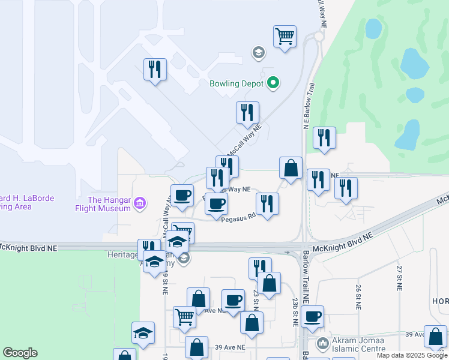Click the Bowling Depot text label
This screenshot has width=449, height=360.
237,83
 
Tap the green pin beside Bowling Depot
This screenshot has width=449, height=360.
273,82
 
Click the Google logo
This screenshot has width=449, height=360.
20,353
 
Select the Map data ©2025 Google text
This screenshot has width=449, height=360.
412,355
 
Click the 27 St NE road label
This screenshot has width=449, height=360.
399,275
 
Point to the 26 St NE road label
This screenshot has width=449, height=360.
358,296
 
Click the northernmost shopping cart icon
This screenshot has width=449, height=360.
285,35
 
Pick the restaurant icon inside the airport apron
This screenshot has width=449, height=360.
155,69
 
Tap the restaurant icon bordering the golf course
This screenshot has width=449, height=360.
324,137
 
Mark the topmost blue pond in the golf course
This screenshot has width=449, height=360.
373,28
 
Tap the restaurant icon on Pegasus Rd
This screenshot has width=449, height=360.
267,203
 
